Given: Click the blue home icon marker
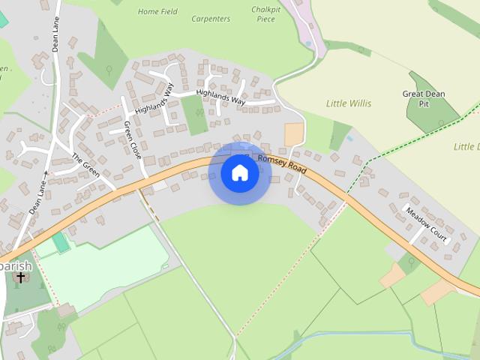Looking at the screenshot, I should tap(240, 173).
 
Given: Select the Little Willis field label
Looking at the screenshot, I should tap(349, 103).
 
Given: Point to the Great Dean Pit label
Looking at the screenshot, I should tap(424, 99).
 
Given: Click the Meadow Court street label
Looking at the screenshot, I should tap(426, 223).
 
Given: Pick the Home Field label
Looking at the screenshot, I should tap(157, 12).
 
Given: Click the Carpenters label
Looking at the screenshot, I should tap(211, 19).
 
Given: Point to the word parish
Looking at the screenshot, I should tap(16, 265).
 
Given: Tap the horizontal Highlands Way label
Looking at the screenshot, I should tap(220, 97).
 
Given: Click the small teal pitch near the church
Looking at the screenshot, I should tap(61, 242).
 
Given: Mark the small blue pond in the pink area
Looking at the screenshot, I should tap(308, 44).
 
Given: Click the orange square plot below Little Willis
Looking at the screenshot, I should tap(294, 135).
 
